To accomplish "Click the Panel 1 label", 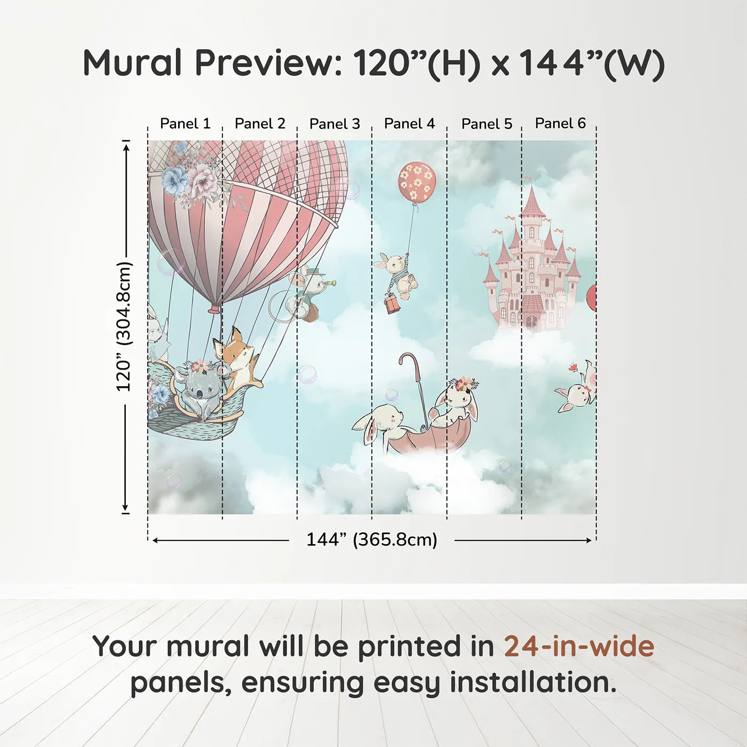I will pyautogui.click(x=185, y=124).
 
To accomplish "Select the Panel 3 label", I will pyautogui.click(x=335, y=124).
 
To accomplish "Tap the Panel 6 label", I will pyautogui.click(x=560, y=123).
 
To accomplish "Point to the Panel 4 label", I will pyautogui.click(x=409, y=124).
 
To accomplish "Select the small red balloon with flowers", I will pyautogui.click(x=417, y=181).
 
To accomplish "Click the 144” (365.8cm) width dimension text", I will pyautogui.click(x=371, y=539).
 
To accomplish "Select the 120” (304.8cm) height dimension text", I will pyautogui.click(x=124, y=326).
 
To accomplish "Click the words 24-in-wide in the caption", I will pyautogui.click(x=579, y=646).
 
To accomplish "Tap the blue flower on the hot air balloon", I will pyautogui.click(x=175, y=179).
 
